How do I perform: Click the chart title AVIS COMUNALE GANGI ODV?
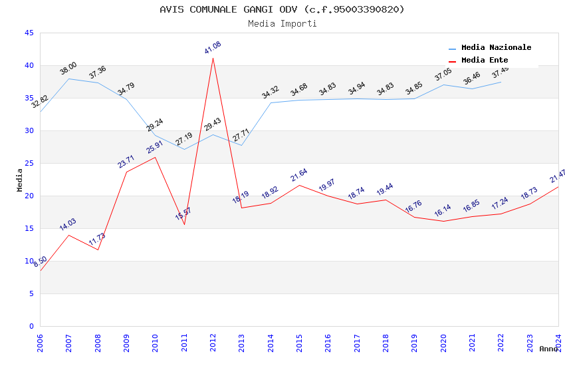(282, 9)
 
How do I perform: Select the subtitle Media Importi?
(282, 23)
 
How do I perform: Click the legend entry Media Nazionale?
(496, 48)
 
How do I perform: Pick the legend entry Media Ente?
(485, 61)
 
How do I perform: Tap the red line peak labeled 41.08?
(213, 58)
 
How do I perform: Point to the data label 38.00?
(68, 68)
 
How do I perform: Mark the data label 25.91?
(155, 146)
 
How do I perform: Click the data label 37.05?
(443, 75)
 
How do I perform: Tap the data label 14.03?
(68, 224)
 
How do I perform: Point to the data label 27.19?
(183, 139)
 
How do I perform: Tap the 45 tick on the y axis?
(29, 33)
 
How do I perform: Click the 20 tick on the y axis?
(29, 196)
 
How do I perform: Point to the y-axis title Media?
(20, 180)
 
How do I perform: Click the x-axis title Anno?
(548, 349)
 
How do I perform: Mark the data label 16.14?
(443, 211)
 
